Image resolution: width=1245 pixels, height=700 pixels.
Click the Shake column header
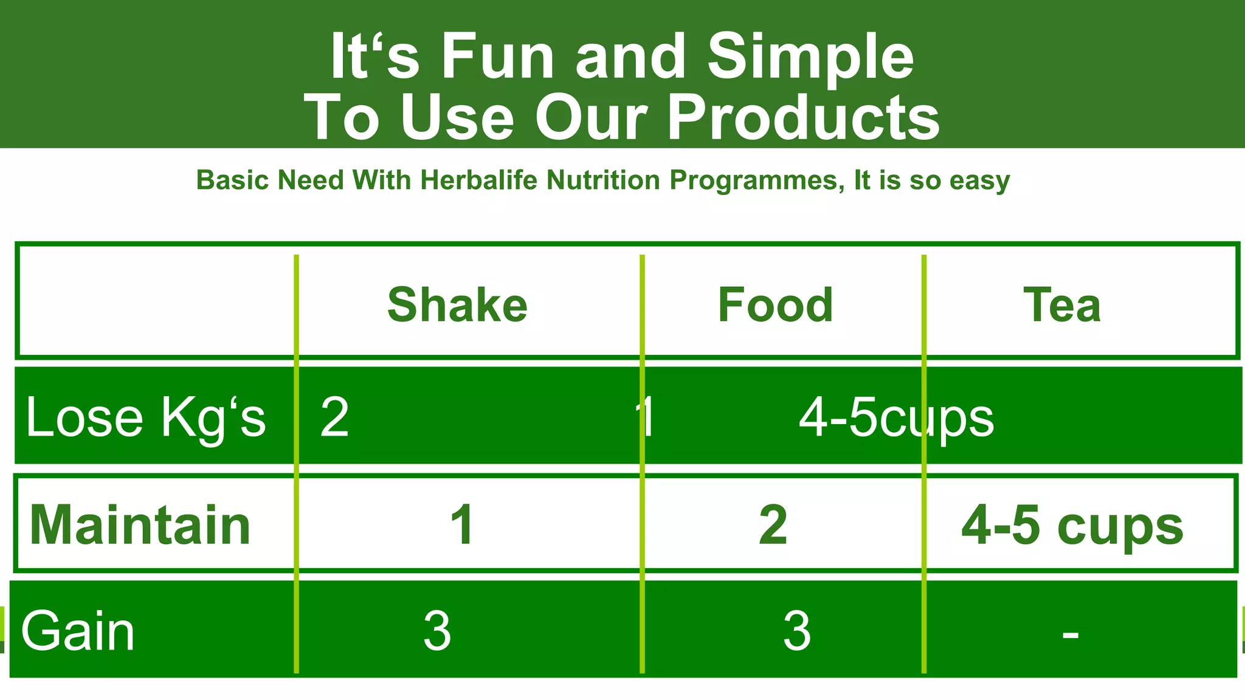coord(457,305)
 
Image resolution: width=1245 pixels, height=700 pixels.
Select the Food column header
coord(775,305)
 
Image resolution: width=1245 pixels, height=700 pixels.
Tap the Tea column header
coord(1062,305)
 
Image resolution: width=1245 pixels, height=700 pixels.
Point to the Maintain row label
coord(140,525)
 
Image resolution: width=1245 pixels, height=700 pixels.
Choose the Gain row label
coord(78,631)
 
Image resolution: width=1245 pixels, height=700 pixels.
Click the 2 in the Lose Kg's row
coord(334,417)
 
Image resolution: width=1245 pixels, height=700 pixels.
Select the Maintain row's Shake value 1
coord(462,525)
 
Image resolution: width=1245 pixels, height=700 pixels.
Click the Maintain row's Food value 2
coord(773,525)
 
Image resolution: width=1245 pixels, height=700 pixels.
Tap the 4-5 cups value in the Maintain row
coord(1072,526)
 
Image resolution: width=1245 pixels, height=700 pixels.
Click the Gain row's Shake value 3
coord(437,631)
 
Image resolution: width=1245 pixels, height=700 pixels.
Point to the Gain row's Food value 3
coord(796,631)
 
